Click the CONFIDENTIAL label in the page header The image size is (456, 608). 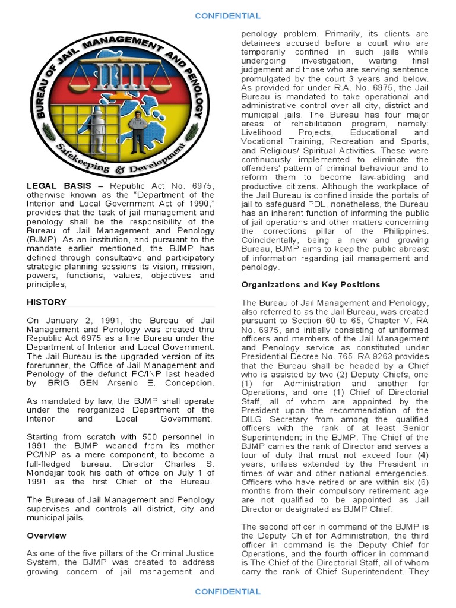pos(227,16)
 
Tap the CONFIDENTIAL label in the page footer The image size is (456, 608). pos(227,591)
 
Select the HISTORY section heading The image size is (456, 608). pos(46,302)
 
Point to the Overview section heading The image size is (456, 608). pos(46,536)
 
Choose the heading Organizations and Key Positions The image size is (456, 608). pos(311,285)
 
